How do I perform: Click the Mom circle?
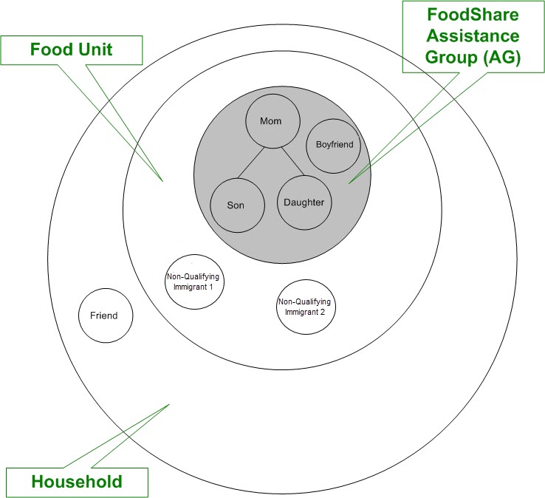click(x=272, y=120)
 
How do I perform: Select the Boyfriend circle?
click(x=334, y=146)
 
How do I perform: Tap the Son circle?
click(x=237, y=205)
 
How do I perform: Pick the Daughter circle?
click(x=304, y=202)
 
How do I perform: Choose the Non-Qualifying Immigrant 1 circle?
click(x=193, y=281)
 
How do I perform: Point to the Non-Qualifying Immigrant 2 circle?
click(x=305, y=307)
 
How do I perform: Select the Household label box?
click(x=77, y=482)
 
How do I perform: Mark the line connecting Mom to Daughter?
click(x=292, y=163)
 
